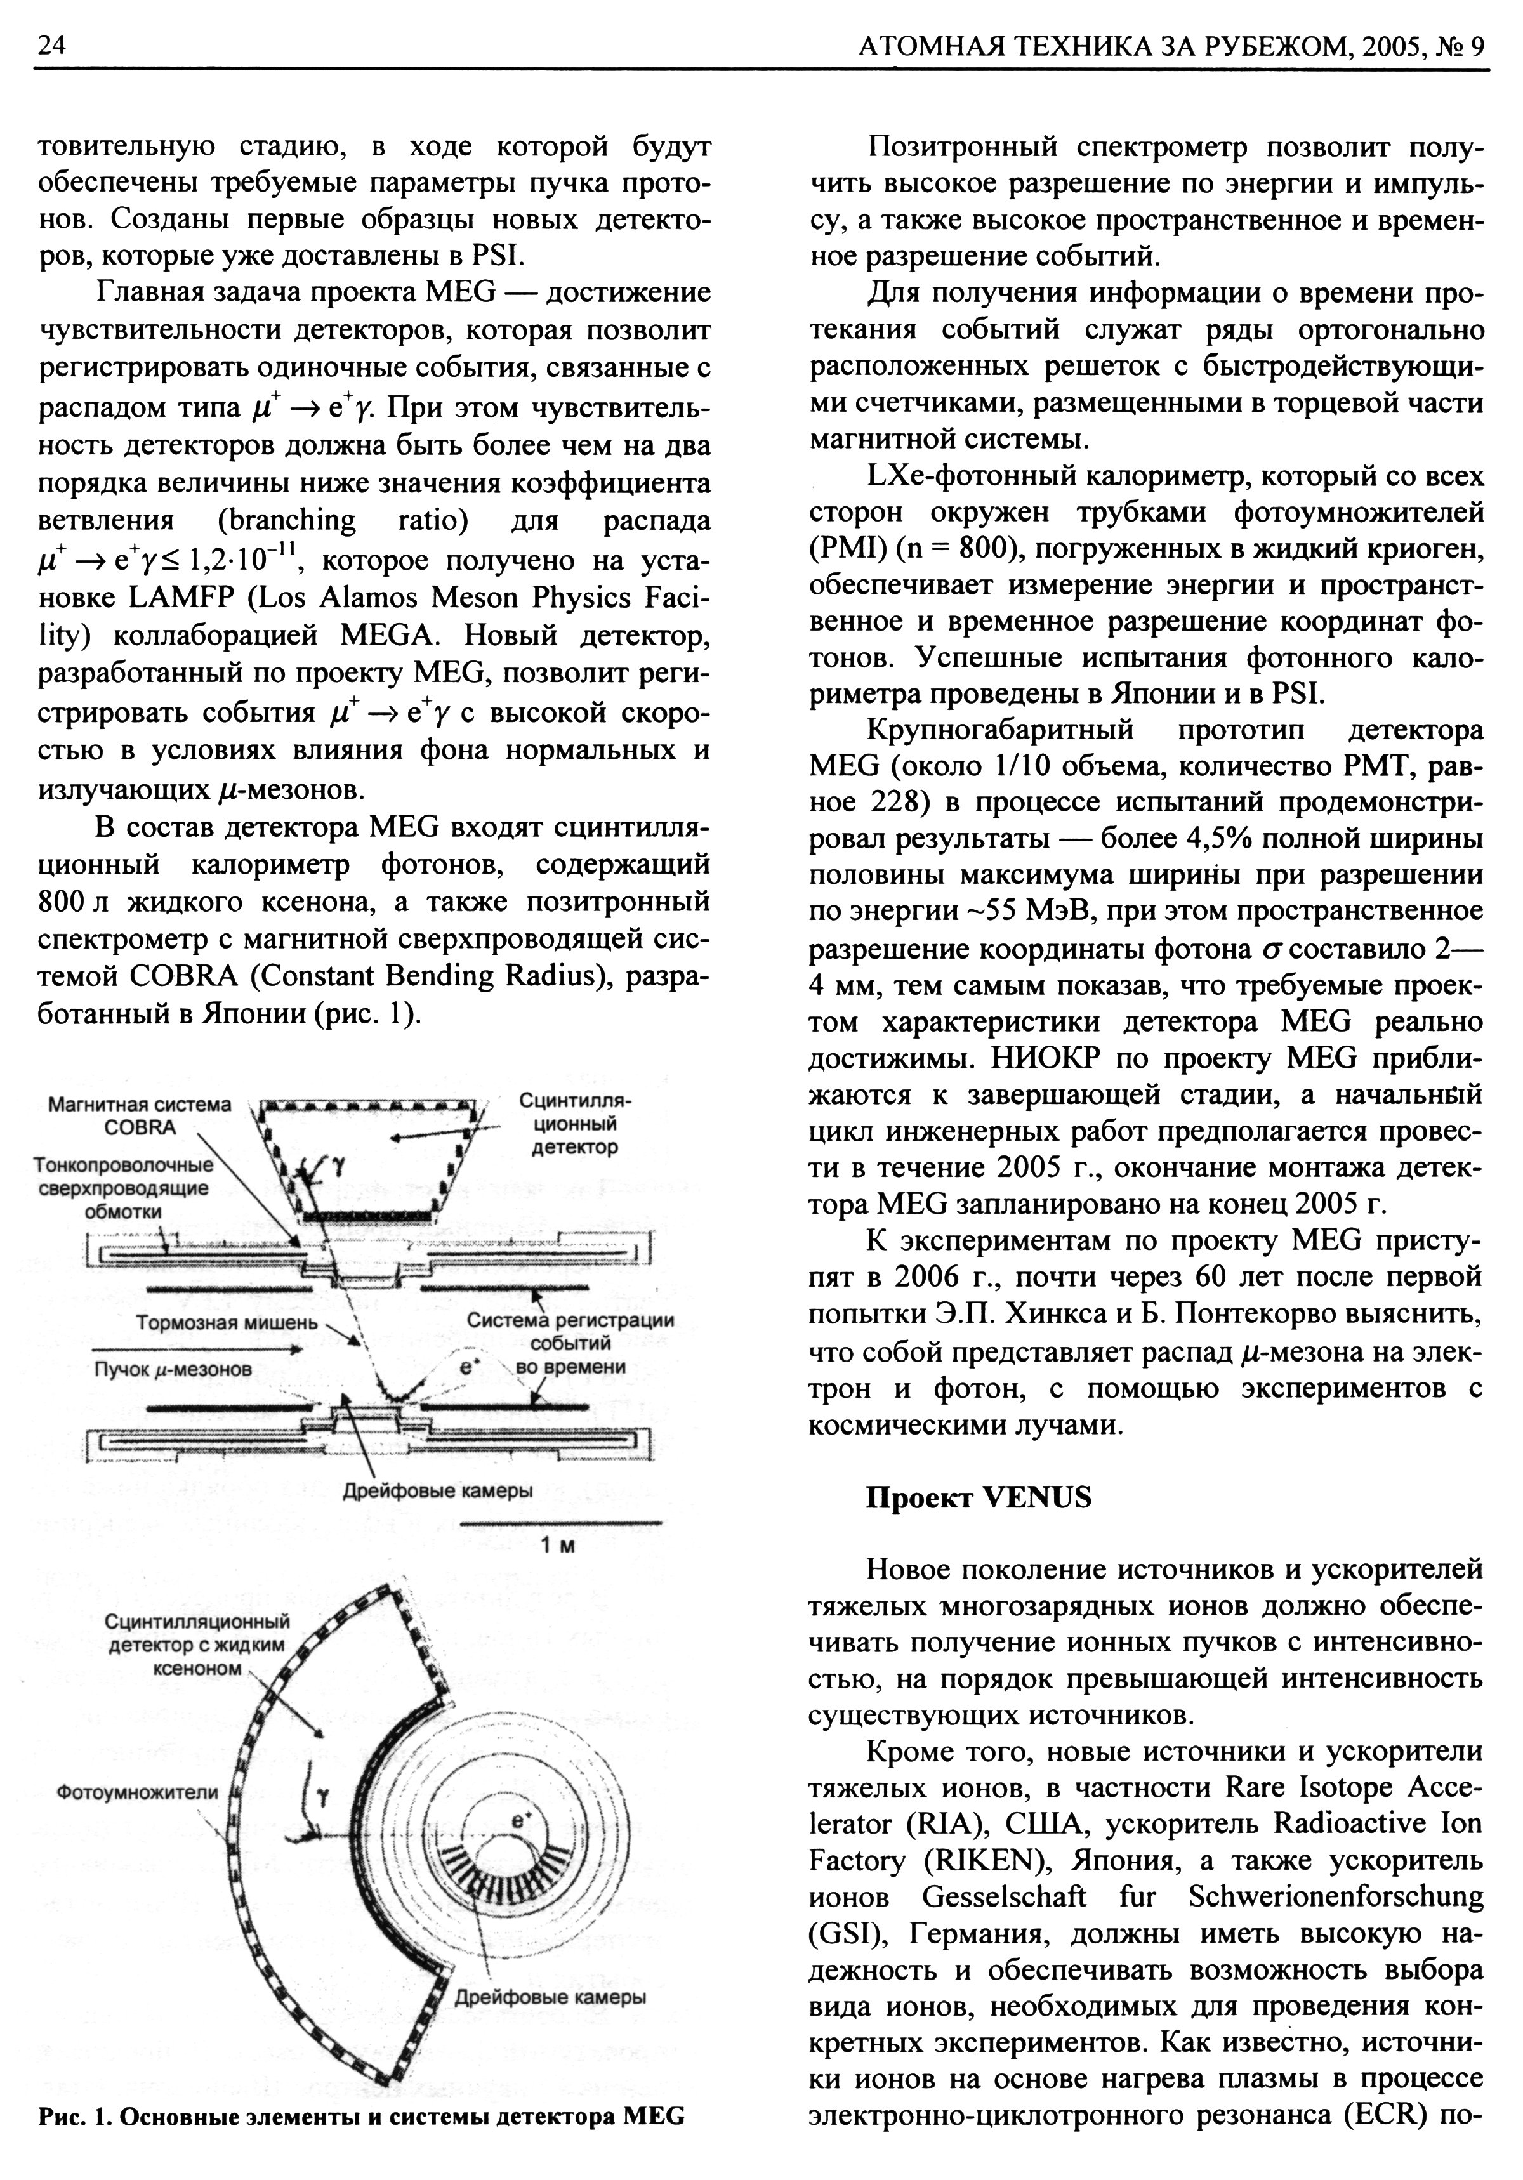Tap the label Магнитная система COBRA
tap(140, 1115)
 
